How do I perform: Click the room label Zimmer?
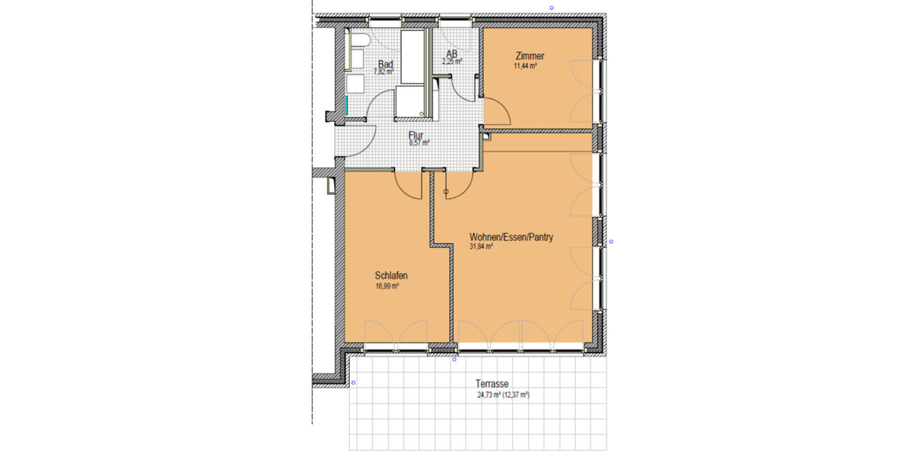coord(530,56)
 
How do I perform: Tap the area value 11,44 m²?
coord(526,67)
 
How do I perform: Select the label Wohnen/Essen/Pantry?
coord(511,237)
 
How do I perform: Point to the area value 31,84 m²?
coord(482,247)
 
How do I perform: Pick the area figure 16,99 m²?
coord(387,286)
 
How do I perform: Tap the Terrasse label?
coord(491,385)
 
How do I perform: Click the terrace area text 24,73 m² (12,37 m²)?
coord(503,395)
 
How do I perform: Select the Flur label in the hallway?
coord(415,136)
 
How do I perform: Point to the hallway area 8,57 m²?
coord(418,143)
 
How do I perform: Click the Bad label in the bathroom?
coord(386,65)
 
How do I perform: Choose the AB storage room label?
coord(451,54)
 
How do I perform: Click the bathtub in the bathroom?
coord(413,57)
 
